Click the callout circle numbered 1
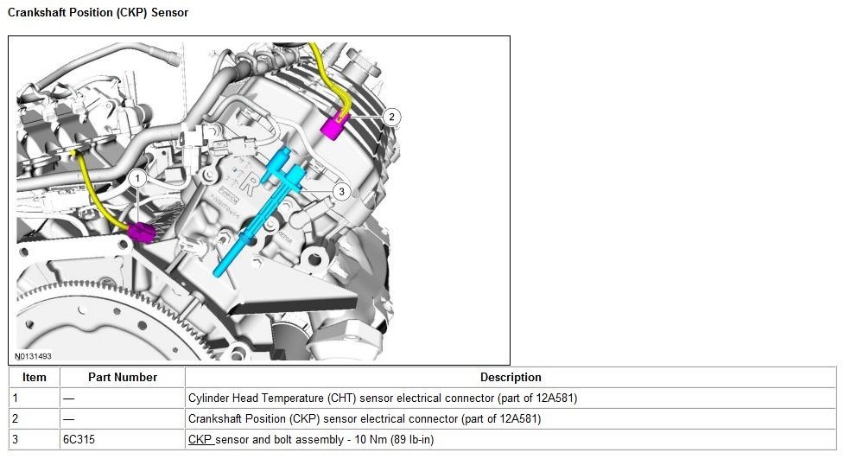(x=136, y=178)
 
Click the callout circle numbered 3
(x=341, y=191)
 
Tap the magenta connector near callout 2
(x=332, y=127)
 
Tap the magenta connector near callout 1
(x=141, y=233)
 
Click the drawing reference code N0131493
(x=34, y=356)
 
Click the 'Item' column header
(x=35, y=378)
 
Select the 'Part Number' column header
(x=122, y=378)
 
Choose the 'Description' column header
(x=511, y=378)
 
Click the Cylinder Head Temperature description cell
(x=382, y=398)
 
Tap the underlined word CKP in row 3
(x=200, y=440)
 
